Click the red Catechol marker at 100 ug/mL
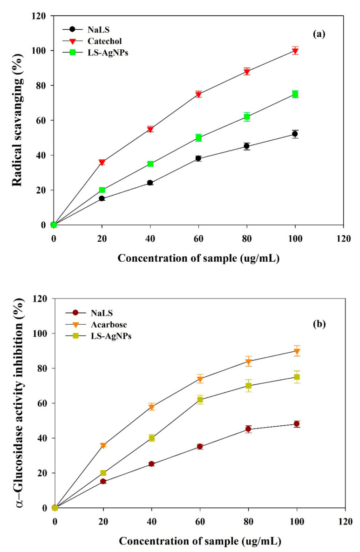click(x=295, y=51)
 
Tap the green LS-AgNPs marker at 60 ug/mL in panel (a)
click(x=198, y=138)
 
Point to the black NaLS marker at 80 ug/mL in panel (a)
click(x=247, y=146)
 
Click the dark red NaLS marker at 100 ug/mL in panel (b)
click(x=296, y=424)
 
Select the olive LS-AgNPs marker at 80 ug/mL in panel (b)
click(x=248, y=386)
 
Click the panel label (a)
click(x=321, y=34)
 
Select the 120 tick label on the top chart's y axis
click(x=38, y=16)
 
